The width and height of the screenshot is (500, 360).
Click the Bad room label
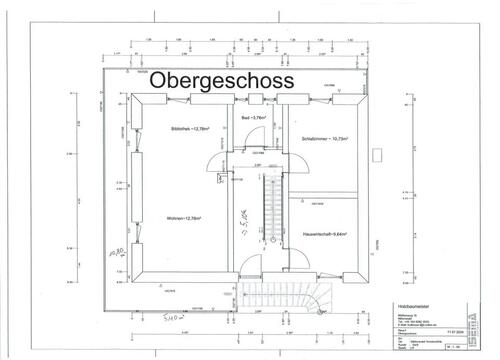coord(254,118)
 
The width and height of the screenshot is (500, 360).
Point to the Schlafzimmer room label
coord(324,138)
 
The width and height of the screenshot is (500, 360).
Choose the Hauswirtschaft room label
coord(324,233)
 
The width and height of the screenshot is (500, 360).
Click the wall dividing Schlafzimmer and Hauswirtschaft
coord(324,189)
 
